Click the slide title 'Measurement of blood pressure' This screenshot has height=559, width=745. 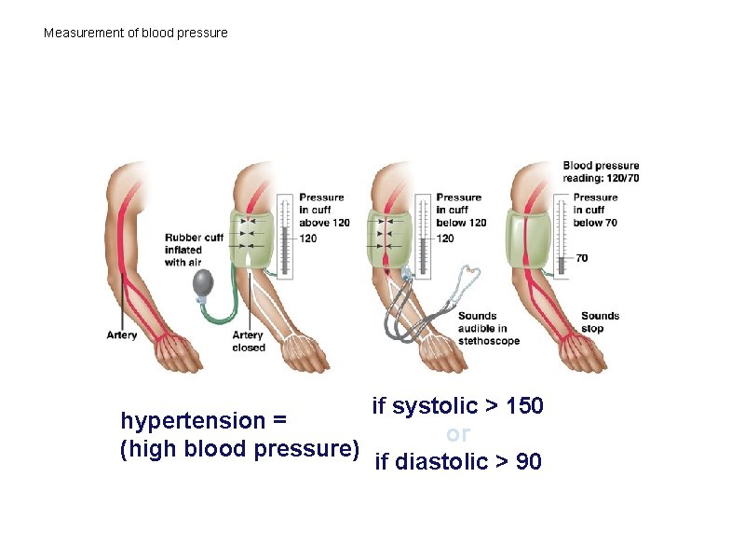pyautogui.click(x=136, y=34)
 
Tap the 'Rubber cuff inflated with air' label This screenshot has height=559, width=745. pyautogui.click(x=194, y=250)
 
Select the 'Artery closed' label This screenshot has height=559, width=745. pyautogui.click(x=249, y=341)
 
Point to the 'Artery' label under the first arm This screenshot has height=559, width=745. pyautogui.click(x=122, y=335)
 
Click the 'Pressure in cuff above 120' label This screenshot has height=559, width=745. pyautogui.click(x=324, y=210)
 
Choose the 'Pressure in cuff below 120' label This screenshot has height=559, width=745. pyautogui.click(x=461, y=210)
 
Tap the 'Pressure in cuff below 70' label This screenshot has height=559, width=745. pyautogui.click(x=595, y=210)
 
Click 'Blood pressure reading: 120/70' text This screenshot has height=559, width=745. pyautogui.click(x=601, y=171)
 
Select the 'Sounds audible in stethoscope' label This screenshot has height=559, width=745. pyautogui.click(x=488, y=329)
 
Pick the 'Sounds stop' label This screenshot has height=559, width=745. pyautogui.click(x=600, y=322)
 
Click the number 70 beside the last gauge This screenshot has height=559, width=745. pyautogui.click(x=582, y=258)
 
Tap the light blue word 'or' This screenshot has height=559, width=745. pyautogui.click(x=458, y=434)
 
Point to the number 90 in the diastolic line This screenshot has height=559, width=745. pyautogui.click(x=528, y=461)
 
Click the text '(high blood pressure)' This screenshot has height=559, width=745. pyautogui.click(x=240, y=449)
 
